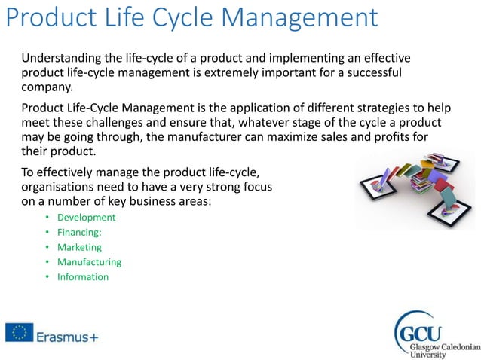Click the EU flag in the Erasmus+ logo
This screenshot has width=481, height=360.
click(19, 332)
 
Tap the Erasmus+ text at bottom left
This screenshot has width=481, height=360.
click(66, 333)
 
